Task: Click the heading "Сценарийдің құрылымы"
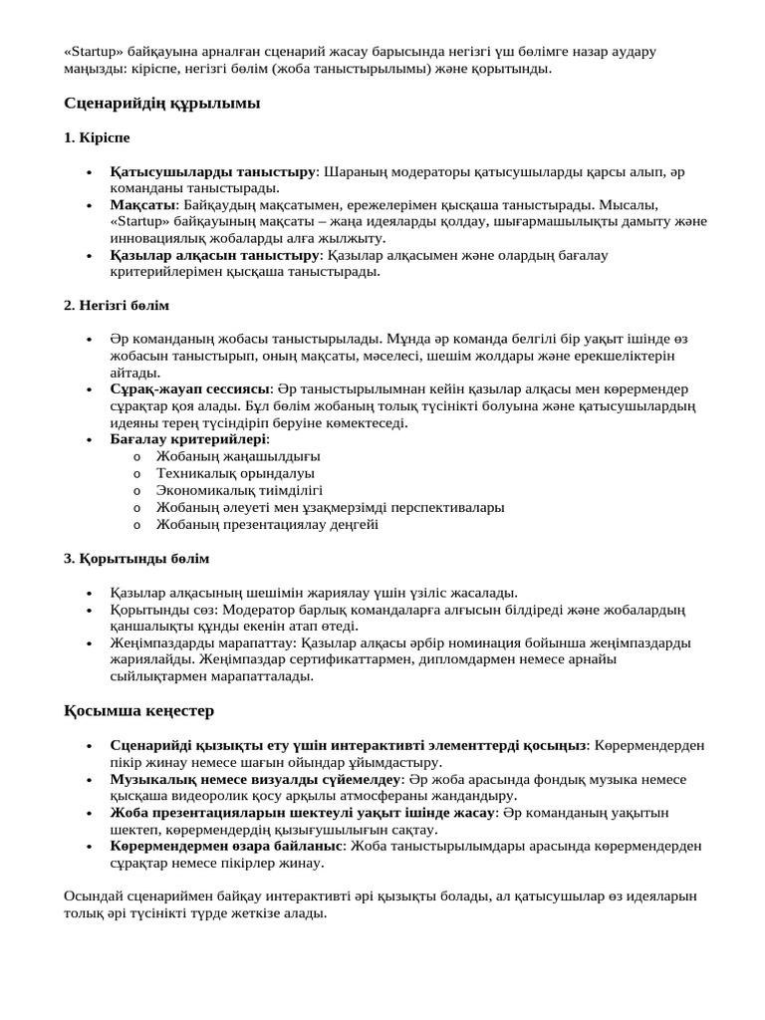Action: coord(161,103)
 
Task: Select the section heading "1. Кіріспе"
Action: coord(97,137)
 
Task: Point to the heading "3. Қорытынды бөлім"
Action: coord(136,558)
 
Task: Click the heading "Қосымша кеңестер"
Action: coord(138,710)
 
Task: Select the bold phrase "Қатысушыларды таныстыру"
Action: coord(212,171)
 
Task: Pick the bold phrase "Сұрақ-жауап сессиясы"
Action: coord(190,388)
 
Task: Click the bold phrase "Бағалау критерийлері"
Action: coord(188,439)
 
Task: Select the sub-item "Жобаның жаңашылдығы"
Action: coord(238,456)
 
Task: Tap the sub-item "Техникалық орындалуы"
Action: coord(235,473)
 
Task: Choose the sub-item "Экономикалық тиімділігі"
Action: coord(239,490)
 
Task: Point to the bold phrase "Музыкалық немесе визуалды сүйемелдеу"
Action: coord(255,778)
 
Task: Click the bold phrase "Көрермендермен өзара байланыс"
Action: coord(226,846)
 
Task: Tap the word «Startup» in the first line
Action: coord(94,51)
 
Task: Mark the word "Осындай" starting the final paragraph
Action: coord(92,896)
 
